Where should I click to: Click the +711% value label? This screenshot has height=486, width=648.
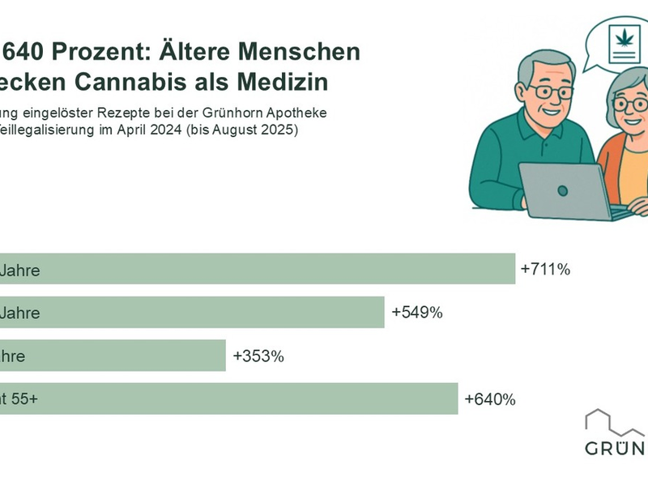pyautogui.click(x=546, y=269)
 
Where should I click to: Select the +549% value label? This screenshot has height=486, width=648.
pyautogui.click(x=416, y=312)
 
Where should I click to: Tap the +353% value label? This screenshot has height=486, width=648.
pyautogui.click(x=258, y=356)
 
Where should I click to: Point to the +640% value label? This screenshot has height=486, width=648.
pyautogui.click(x=490, y=399)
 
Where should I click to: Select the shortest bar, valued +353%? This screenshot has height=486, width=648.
pyautogui.click(x=113, y=356)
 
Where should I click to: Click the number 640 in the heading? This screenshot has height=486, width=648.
pyautogui.click(x=23, y=53)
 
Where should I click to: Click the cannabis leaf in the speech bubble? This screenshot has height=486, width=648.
pyautogui.click(x=624, y=36)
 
